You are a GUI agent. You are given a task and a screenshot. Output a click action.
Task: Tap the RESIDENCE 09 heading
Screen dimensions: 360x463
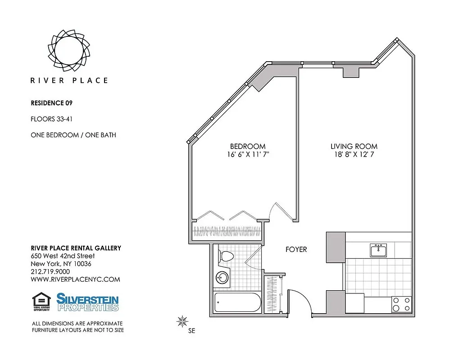pos(51,103)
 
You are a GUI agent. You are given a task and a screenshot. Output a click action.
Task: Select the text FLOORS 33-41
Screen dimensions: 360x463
pos(52,119)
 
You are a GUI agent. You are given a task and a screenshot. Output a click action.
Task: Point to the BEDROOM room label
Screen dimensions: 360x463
pos(247,146)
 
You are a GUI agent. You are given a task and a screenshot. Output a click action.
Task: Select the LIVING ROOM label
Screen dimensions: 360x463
pos(354,146)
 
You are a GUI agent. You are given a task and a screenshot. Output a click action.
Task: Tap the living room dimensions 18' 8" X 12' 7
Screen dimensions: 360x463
pos(354,154)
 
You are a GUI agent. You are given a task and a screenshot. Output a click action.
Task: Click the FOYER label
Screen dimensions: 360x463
pos(296,249)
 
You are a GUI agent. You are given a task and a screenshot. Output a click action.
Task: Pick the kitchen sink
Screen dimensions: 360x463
pos(379,250)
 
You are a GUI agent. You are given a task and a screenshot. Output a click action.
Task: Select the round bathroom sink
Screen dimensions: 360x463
pos(222,277)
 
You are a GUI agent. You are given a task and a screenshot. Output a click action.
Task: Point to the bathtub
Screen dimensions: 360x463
pos(237,302)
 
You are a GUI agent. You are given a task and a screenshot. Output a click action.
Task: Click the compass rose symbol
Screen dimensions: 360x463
pos(182,321)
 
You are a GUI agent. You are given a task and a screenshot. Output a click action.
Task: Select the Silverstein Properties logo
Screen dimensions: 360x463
pos(87,301)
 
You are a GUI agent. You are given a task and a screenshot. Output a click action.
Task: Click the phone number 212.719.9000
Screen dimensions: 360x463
pos(50,271)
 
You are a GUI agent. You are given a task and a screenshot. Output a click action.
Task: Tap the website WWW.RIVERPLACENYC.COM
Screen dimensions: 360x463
pos(75,279)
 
